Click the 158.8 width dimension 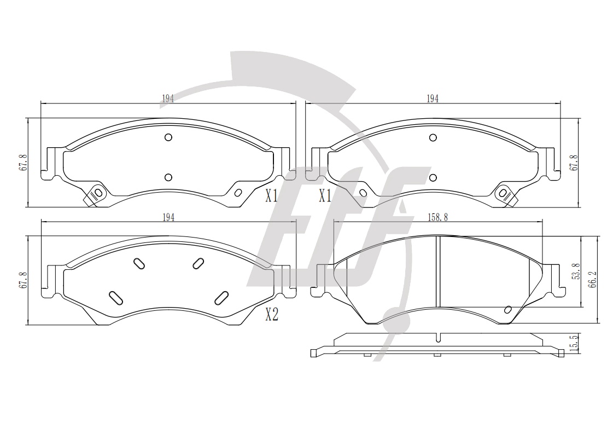437,217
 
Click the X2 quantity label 272,314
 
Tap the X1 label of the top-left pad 272,195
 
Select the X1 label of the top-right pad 325,195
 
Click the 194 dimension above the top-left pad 167,99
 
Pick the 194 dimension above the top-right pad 433,99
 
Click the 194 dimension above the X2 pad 168,218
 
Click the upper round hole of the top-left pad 168,137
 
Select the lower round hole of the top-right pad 433,178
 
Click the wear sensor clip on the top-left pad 95,194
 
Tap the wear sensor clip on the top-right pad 506,194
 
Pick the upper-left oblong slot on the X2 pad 139,264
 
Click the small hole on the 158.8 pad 508,309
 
